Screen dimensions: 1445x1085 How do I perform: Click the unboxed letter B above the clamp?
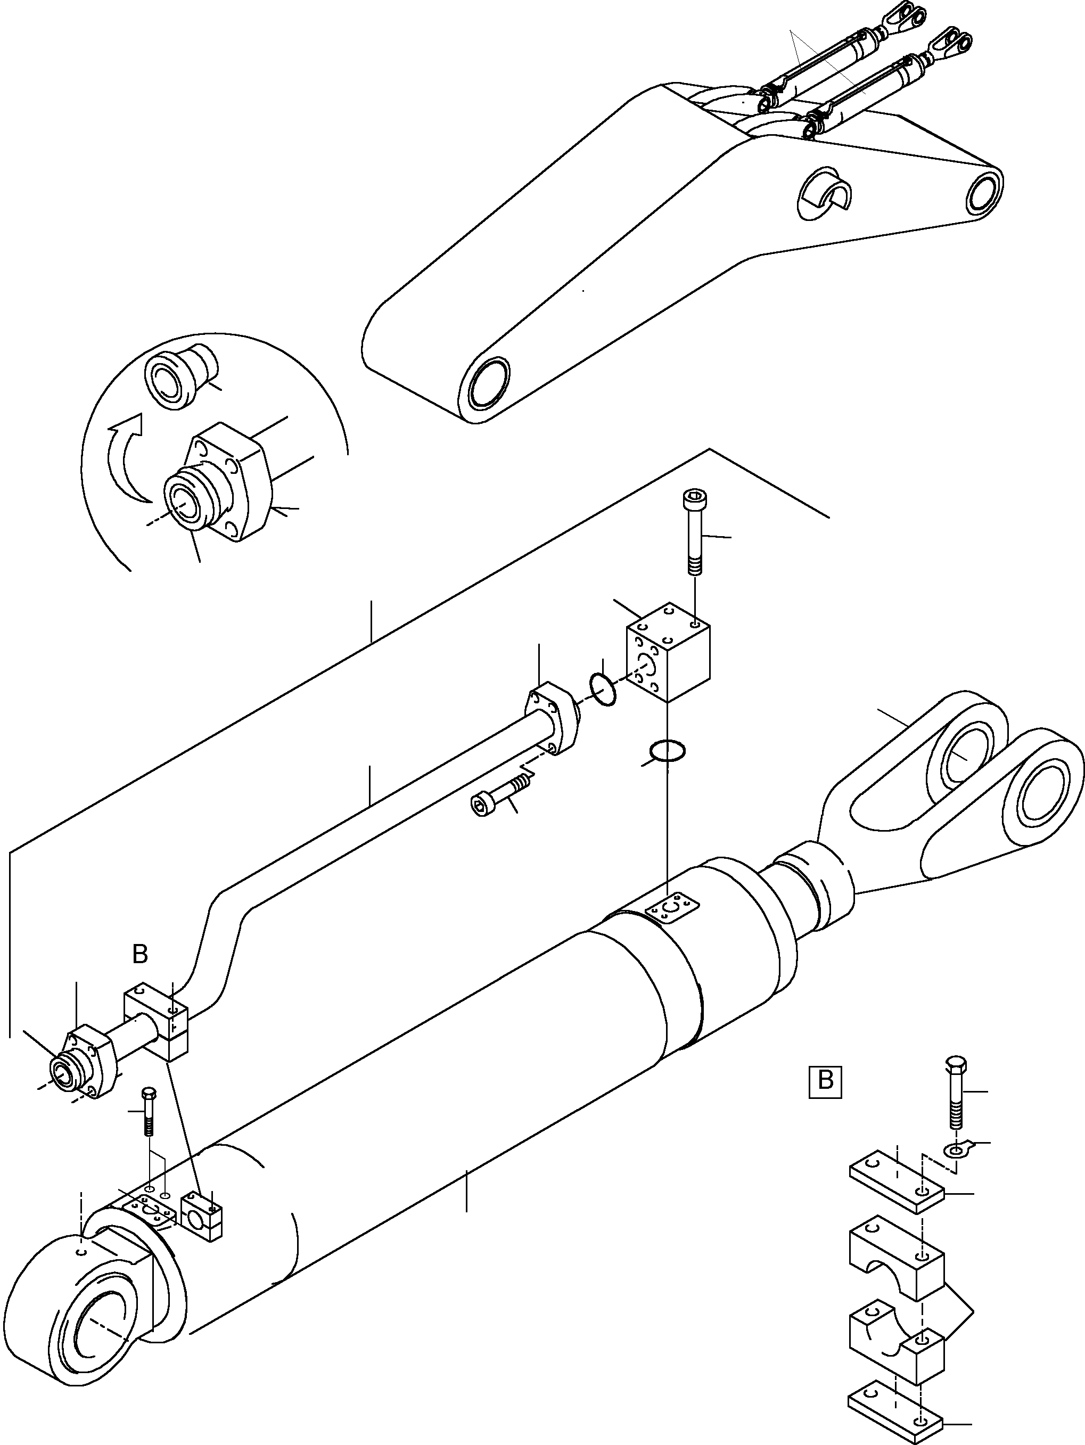click(140, 955)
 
